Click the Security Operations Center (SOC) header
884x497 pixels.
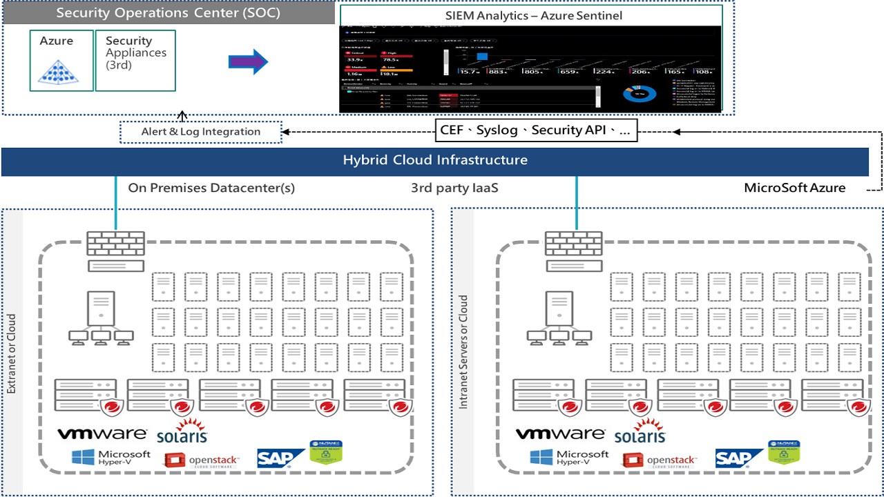pyautogui.click(x=169, y=13)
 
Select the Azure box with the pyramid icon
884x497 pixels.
pyautogui.click(x=61, y=61)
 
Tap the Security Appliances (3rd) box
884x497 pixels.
pyautogui.click(x=135, y=61)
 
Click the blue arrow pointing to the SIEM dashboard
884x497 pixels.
pyautogui.click(x=247, y=62)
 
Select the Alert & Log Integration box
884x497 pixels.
pyautogui.click(x=201, y=132)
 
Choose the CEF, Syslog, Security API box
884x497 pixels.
pyautogui.click(x=536, y=130)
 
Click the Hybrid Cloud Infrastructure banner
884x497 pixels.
pyautogui.click(x=435, y=161)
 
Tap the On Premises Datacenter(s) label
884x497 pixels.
pyautogui.click(x=211, y=188)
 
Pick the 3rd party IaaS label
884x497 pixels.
pyautogui.click(x=454, y=188)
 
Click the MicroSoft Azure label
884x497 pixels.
pyautogui.click(x=794, y=188)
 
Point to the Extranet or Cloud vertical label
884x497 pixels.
pyautogui.click(x=12, y=354)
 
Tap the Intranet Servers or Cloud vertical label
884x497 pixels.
pyautogui.click(x=463, y=352)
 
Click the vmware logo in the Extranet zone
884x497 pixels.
pyautogui.click(x=102, y=433)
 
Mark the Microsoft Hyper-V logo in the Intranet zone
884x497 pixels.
pyautogui.click(x=570, y=457)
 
